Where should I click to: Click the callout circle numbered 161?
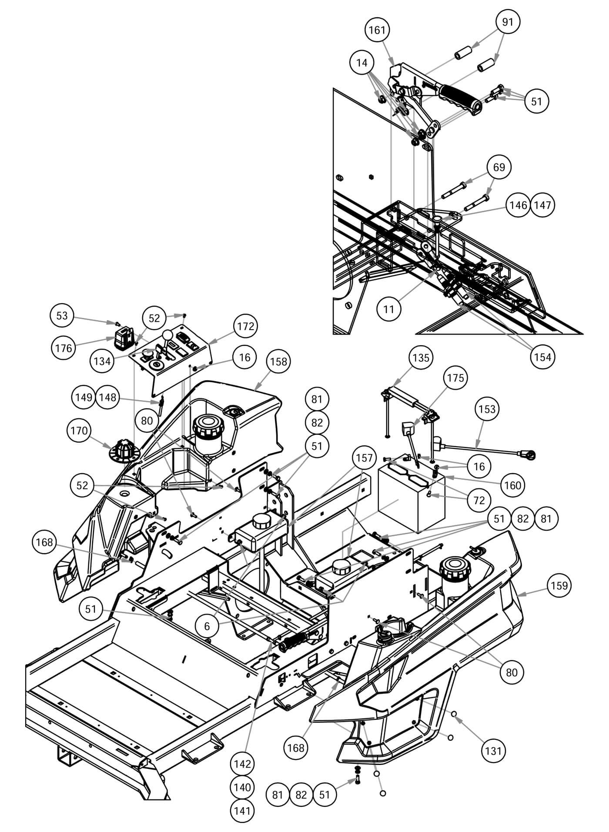[x=377, y=30]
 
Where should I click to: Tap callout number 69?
[x=499, y=167]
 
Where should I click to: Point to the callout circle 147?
[x=542, y=205]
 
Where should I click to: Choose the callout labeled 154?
[x=542, y=357]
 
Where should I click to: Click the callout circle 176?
[x=64, y=348]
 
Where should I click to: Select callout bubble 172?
[x=246, y=326]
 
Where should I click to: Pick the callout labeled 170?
[x=79, y=431]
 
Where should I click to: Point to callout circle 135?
[x=421, y=358]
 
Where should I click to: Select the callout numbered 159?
[x=559, y=585]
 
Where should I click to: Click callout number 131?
[x=493, y=750]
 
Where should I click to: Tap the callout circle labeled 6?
[x=207, y=626]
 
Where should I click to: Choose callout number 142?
[x=242, y=763]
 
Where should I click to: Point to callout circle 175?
[x=455, y=378]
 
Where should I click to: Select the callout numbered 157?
[x=364, y=458]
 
